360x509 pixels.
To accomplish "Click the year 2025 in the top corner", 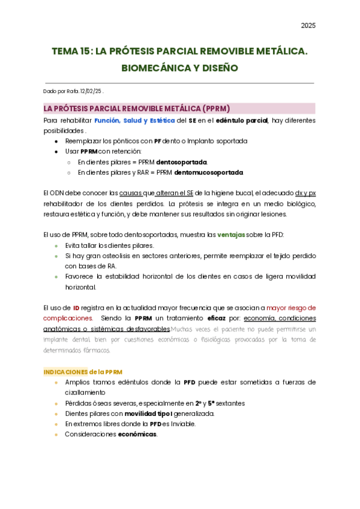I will tap(308, 25).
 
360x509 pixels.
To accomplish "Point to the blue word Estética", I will tap(159, 120).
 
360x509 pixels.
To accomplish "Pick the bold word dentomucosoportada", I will tap(208, 172).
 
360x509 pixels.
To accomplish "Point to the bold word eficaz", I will tap(217, 318).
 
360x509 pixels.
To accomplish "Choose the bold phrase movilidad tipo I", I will tap(149, 414).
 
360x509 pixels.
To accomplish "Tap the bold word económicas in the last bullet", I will tap(137, 434).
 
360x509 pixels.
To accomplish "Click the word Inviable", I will tap(182, 424).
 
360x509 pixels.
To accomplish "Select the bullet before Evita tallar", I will tap(56, 245).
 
